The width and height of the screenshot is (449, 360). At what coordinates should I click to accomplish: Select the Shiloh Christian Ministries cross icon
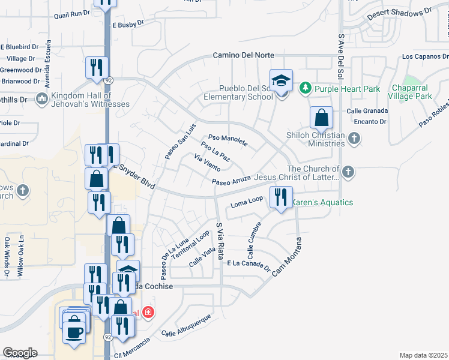pos(354,139)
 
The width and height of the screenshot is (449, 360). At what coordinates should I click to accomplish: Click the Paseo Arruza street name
pos(231,181)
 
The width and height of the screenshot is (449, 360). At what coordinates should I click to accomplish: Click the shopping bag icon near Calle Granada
pos(322,118)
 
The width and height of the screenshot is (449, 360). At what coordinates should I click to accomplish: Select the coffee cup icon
pos(74,332)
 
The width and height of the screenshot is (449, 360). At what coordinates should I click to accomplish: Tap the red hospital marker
pos(148,313)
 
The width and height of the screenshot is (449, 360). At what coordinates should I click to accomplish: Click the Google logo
pos(20,353)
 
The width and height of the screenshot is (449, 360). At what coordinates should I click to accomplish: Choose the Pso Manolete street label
pos(228,141)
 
